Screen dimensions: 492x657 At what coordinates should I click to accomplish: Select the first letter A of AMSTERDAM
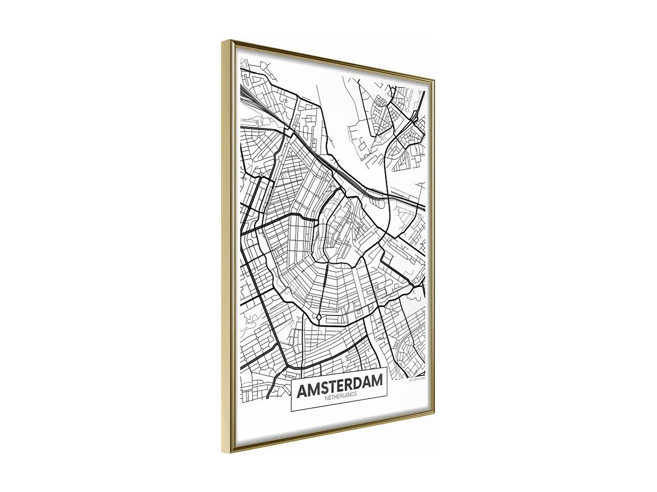(x=302, y=391)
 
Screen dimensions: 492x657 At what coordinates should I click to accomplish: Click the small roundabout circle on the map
(x=319, y=317)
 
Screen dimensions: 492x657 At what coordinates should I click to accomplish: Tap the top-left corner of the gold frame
(x=223, y=41)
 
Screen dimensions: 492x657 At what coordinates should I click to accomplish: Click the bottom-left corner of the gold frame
(x=231, y=451)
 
